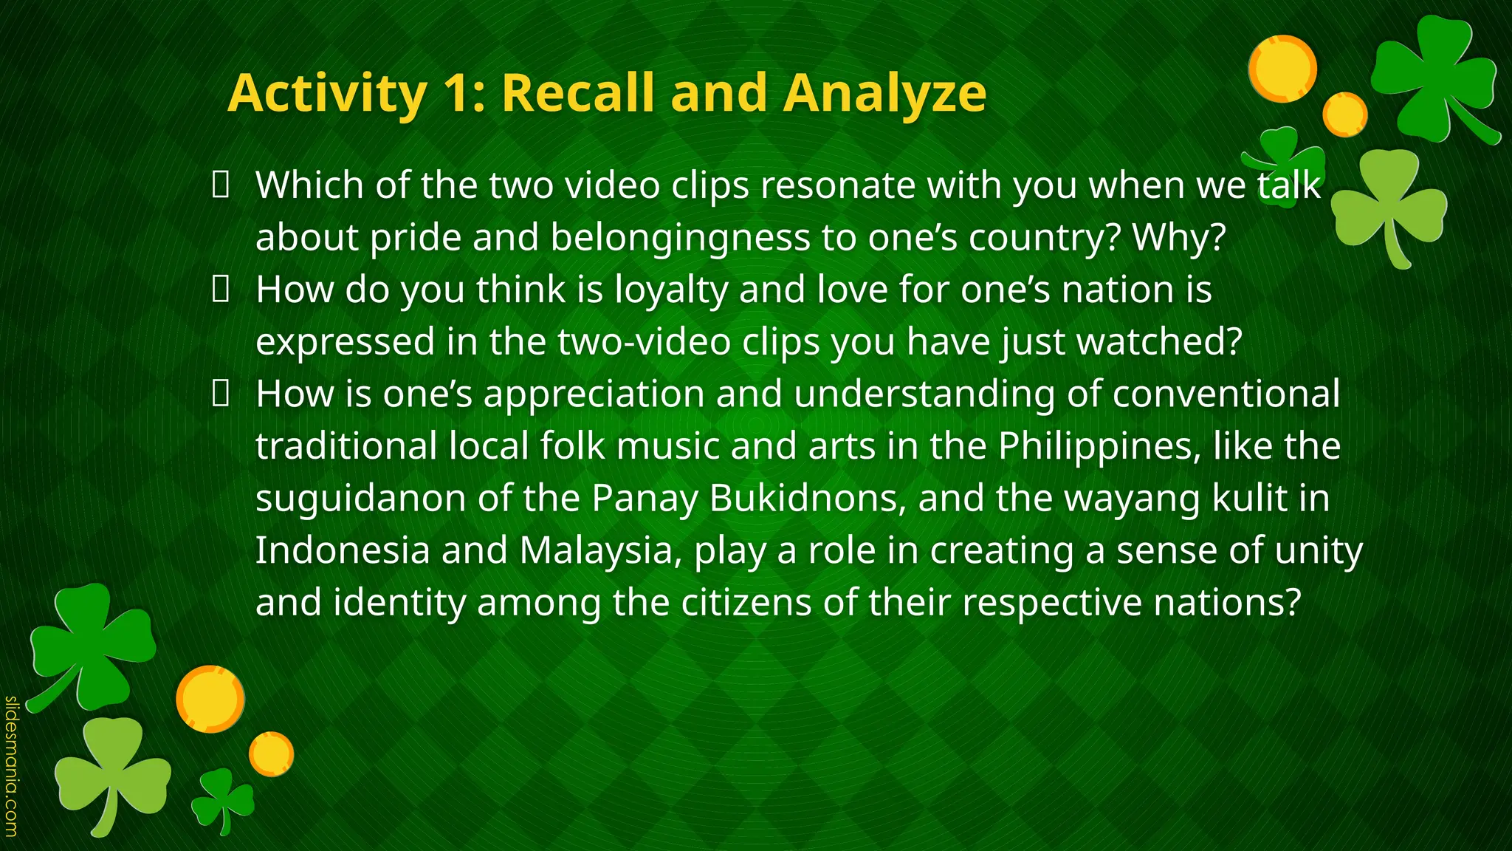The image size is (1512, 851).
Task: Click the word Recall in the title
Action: (x=578, y=93)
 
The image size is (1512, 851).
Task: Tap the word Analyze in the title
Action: (x=884, y=95)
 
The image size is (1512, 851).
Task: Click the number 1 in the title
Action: (x=462, y=93)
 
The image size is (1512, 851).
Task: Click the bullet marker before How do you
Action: (x=219, y=290)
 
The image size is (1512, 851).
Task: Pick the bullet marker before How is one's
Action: (x=219, y=394)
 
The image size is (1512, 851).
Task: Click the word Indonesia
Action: (x=342, y=550)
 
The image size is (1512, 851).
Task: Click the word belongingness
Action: (x=679, y=238)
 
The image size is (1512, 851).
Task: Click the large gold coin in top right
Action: (x=1283, y=68)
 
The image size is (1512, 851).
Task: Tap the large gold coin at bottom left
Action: (x=210, y=699)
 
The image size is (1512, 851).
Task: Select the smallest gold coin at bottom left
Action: (x=271, y=753)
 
